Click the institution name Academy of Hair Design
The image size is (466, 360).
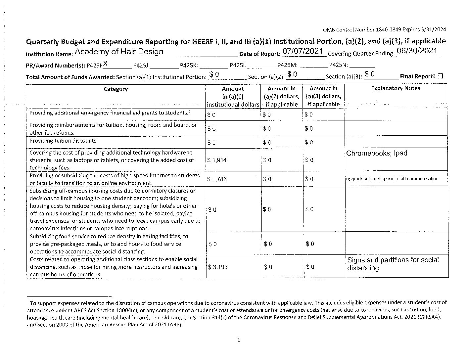point(119,52)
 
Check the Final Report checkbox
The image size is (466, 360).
point(440,76)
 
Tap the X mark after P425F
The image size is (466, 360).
point(105,63)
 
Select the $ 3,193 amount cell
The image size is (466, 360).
point(218,267)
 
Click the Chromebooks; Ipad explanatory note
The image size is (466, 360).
point(377,153)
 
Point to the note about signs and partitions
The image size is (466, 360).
point(393,264)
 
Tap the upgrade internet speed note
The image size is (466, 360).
point(392,179)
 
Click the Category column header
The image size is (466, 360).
point(116,89)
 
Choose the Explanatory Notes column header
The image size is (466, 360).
point(395,88)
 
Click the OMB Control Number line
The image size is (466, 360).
point(384,29)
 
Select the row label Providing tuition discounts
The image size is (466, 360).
point(64,141)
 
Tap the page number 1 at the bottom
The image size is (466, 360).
point(238,340)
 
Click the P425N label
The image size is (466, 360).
point(338,65)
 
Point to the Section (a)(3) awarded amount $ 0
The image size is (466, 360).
point(369,74)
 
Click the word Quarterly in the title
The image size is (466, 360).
point(43,42)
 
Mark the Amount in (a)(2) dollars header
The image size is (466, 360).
point(281,96)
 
